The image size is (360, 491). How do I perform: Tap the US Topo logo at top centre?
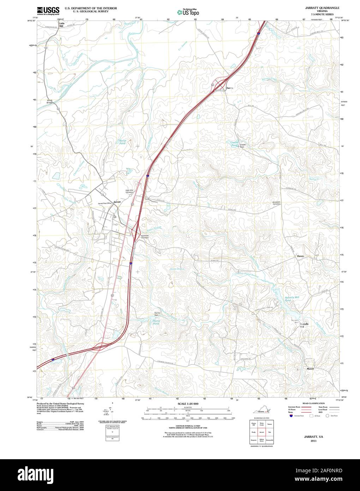[x=188, y=12]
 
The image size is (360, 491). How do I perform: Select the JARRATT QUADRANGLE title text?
[x=317, y=7]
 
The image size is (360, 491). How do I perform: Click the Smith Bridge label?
[x=50, y=101]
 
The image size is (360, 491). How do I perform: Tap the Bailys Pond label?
[x=122, y=142]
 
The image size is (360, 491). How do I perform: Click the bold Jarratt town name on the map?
[x=117, y=202]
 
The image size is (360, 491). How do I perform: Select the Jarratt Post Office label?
[x=105, y=203]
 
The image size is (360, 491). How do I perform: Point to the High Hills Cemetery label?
[x=130, y=191]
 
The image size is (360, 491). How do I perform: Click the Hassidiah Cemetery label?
[x=145, y=237]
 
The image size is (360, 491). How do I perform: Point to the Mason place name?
[x=310, y=368]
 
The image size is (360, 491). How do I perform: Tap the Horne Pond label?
[x=156, y=322]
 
